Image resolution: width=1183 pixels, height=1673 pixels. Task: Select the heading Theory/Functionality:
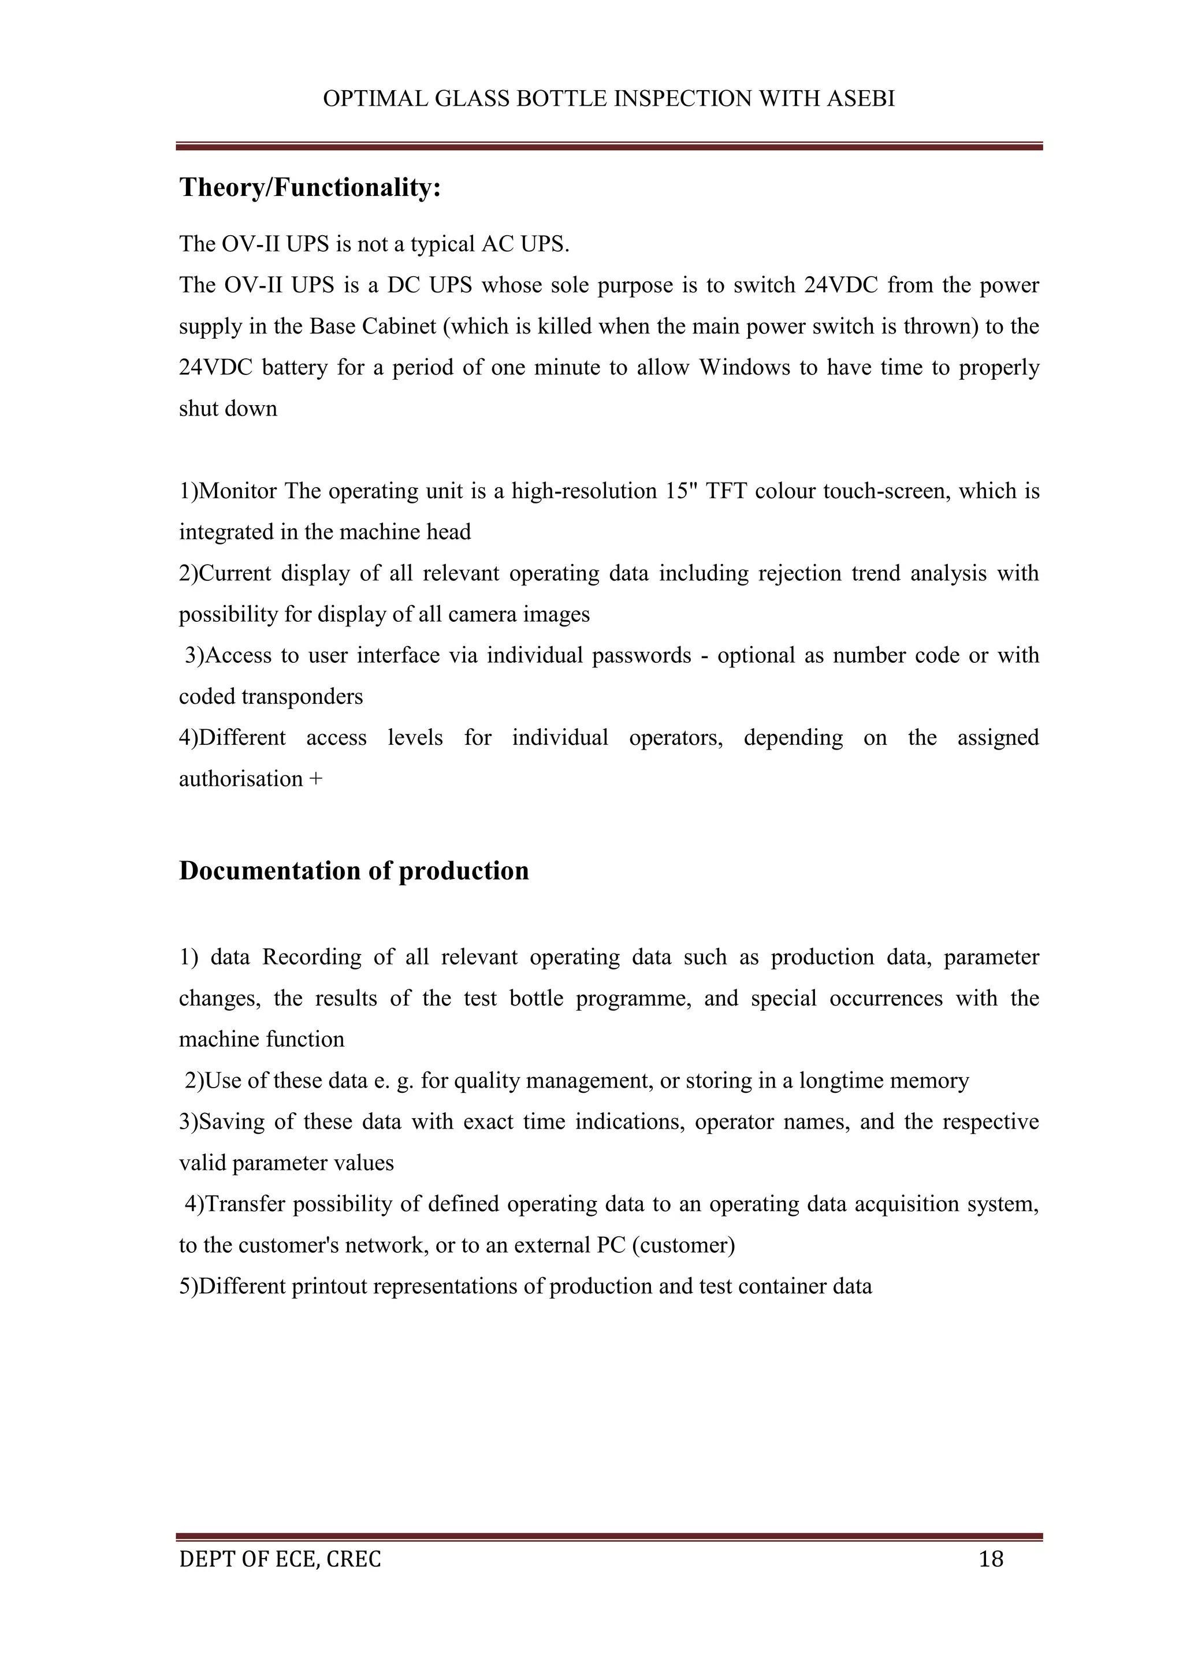coord(310,187)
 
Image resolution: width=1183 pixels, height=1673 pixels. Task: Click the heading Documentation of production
coord(354,871)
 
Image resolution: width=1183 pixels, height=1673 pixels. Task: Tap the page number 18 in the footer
coord(991,1559)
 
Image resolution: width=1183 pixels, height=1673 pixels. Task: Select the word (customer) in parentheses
coord(683,1245)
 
